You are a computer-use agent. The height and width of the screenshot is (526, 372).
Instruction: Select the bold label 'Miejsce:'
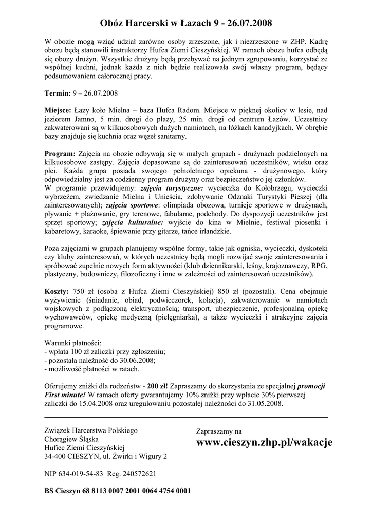58,110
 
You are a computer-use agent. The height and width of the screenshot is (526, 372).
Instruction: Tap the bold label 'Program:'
60,153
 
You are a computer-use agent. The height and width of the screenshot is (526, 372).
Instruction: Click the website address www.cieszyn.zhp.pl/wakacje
265,443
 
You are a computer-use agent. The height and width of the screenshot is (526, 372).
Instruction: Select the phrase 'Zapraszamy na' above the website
219,431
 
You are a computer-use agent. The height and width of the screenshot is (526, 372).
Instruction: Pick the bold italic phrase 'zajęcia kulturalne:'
133,222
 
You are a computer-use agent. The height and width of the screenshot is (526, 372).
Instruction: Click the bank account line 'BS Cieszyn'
118,491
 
